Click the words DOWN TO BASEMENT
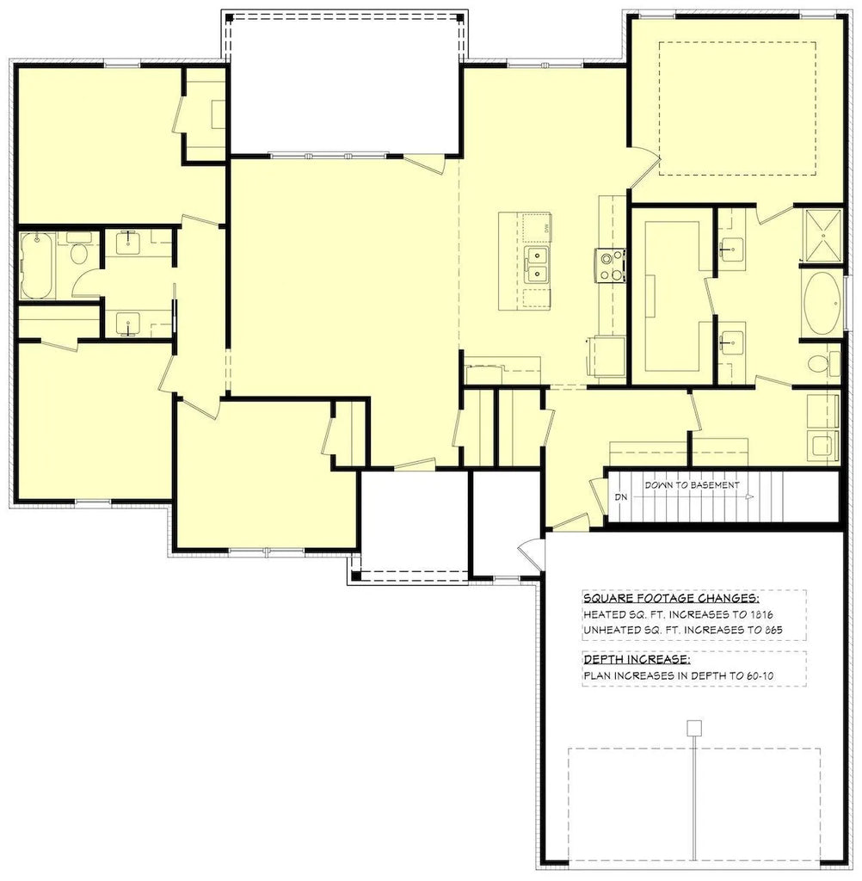[692, 485]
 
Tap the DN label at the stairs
[621, 497]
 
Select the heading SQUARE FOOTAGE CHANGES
[672, 598]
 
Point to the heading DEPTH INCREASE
[637, 659]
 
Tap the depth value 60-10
[760, 675]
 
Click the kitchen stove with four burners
[611, 266]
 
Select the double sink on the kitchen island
[537, 265]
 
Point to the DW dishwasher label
[545, 228]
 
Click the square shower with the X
[822, 236]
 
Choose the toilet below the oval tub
[824, 364]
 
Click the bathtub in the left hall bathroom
[38, 265]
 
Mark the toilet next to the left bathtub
[78, 251]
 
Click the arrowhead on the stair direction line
[749, 497]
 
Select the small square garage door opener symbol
[694, 728]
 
